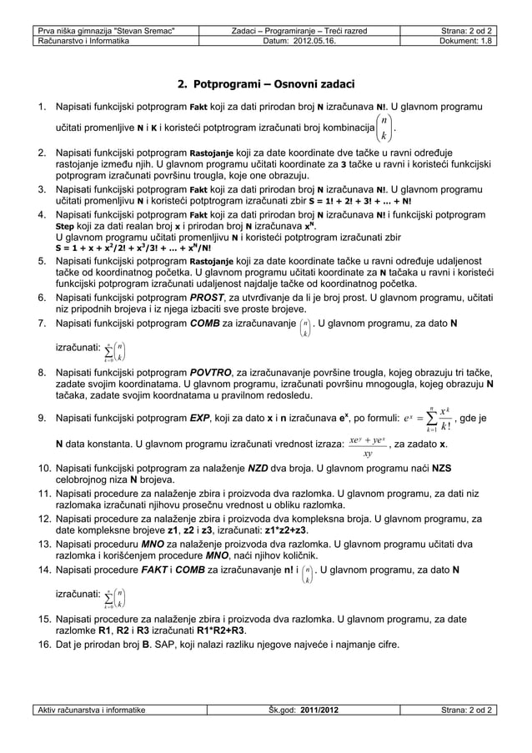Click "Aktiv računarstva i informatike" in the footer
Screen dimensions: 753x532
(91, 710)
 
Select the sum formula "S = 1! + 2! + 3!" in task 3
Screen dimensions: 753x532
(343, 201)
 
